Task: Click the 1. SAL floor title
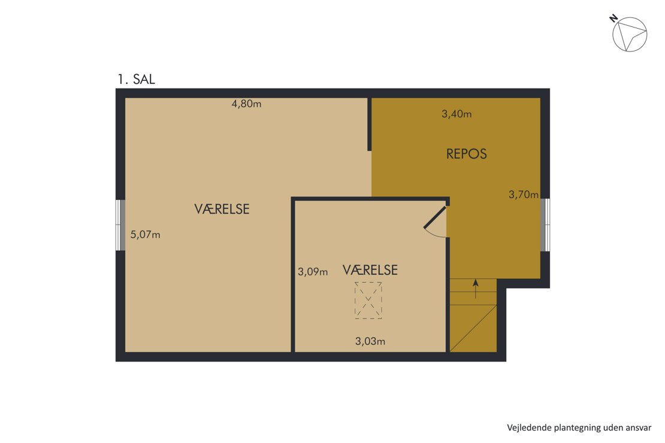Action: coord(136,79)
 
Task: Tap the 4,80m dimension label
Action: coord(246,104)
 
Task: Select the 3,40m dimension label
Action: coord(457,114)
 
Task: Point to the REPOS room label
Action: coord(467,153)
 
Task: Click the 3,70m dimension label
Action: coord(524,195)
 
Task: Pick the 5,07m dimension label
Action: coord(146,235)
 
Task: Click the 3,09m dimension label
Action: coord(313,272)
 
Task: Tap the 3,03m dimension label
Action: coord(370,341)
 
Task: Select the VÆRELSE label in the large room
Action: coord(222,209)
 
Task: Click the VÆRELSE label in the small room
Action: coord(370,270)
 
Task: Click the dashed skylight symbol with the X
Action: coord(368,301)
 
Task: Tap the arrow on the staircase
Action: coord(476,289)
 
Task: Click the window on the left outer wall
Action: coord(120,225)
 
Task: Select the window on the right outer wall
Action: coord(545,224)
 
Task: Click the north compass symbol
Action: coord(630,34)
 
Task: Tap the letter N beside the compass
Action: coord(613,19)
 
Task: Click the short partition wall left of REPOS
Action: coord(370,124)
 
